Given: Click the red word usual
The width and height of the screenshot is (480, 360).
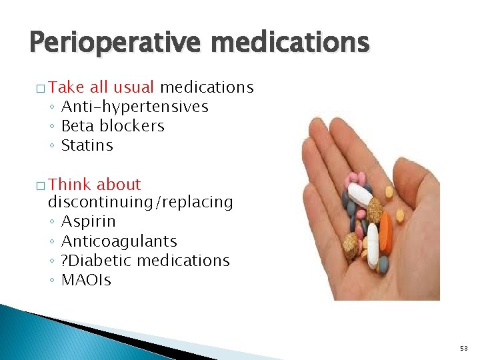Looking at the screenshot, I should (x=133, y=87).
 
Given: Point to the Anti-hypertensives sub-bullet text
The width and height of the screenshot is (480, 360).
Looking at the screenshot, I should (x=135, y=107).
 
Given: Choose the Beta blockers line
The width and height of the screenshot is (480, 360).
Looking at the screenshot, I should (x=113, y=126).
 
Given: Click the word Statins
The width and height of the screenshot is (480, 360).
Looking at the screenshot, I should (x=87, y=145).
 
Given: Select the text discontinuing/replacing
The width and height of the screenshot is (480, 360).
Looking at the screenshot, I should (x=141, y=202).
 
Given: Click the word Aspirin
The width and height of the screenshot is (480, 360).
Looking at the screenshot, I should (x=89, y=221).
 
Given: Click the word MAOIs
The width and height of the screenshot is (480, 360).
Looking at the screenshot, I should (x=86, y=279).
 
